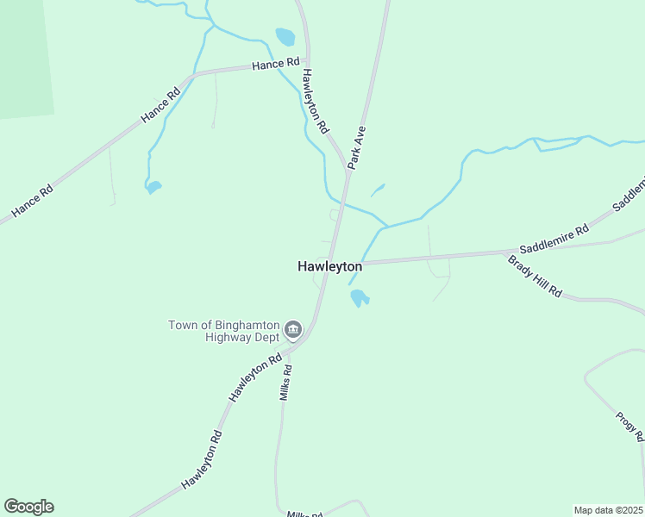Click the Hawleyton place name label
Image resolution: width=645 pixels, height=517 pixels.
coord(329,267)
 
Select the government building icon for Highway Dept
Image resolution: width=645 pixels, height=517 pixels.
coord(293,329)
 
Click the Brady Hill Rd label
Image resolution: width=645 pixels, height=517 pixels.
coord(535,277)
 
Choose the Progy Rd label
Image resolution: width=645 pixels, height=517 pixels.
coord(630,427)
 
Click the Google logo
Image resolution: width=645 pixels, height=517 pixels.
coord(28,507)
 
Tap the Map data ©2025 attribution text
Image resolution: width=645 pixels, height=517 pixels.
coord(608,510)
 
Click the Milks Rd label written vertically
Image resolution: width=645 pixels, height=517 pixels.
coord(286,383)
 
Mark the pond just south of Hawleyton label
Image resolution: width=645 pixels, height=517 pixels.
coord(360,298)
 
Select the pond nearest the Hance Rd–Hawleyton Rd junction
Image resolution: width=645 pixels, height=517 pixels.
coord(285,37)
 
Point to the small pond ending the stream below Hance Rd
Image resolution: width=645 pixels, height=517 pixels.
coord(153,186)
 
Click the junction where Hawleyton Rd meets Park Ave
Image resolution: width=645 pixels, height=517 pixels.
coord(348,173)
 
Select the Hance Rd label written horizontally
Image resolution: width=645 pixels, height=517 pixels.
coord(275,64)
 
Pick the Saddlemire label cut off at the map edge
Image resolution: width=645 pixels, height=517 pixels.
coord(629,195)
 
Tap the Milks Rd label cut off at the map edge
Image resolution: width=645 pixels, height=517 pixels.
coord(305,514)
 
